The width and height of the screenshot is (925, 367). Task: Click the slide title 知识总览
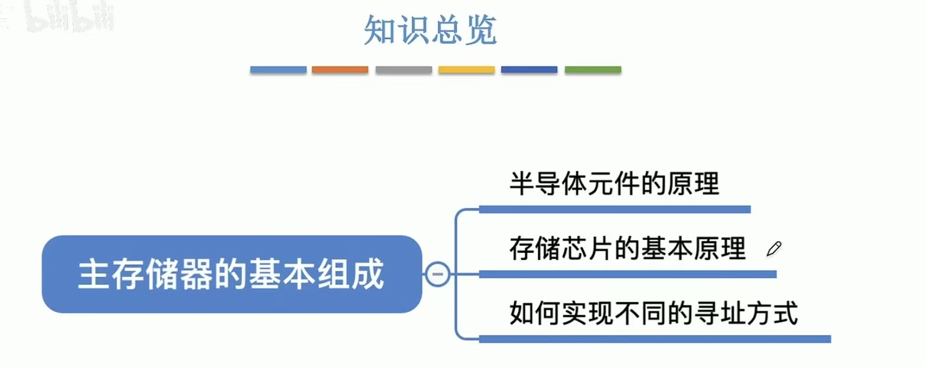click(x=430, y=31)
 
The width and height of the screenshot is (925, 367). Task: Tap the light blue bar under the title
click(x=278, y=70)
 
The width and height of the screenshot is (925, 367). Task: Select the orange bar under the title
click(x=340, y=70)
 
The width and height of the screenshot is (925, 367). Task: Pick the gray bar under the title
click(x=403, y=70)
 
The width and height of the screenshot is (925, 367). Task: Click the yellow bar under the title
click(x=466, y=70)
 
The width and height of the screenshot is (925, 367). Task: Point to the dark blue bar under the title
click(x=529, y=70)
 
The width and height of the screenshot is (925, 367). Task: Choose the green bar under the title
click(x=593, y=70)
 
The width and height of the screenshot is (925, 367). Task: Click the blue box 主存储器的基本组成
click(x=231, y=274)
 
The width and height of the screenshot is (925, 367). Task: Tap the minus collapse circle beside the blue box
click(x=437, y=274)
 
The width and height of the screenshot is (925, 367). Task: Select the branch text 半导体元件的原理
click(x=615, y=184)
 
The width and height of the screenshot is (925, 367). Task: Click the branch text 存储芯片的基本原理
click(x=627, y=249)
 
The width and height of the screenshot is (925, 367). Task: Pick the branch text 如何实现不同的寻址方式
click(x=653, y=313)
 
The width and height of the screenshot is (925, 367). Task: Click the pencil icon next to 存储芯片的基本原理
click(x=773, y=249)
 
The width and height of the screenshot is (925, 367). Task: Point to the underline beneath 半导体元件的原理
click(x=615, y=209)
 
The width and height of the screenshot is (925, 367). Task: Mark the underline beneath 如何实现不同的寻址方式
click(x=655, y=339)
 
